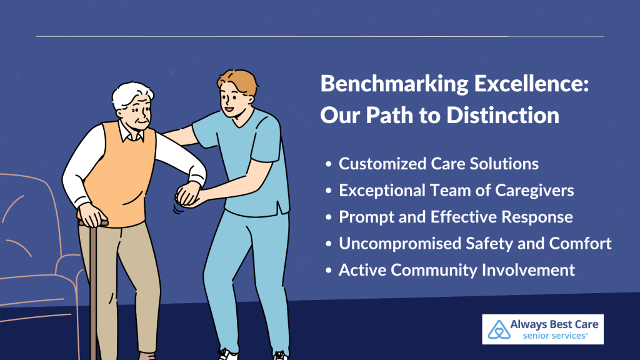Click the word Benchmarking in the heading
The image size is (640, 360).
(394, 84)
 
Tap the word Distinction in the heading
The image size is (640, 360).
(503, 115)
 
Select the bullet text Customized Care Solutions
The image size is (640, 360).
(438, 164)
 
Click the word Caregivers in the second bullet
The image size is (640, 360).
(534, 191)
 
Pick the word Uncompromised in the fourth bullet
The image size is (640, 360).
(399, 244)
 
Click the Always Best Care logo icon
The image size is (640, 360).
(499, 329)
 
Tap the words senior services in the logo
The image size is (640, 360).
(554, 336)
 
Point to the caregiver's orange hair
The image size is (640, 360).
(238, 82)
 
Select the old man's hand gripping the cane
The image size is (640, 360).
(93, 215)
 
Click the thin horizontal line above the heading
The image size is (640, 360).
(319, 36)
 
